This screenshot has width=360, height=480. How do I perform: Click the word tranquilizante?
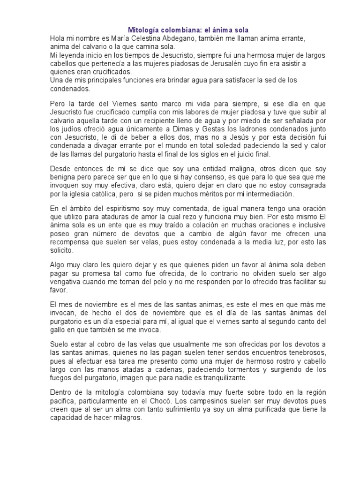tap(227, 377)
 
